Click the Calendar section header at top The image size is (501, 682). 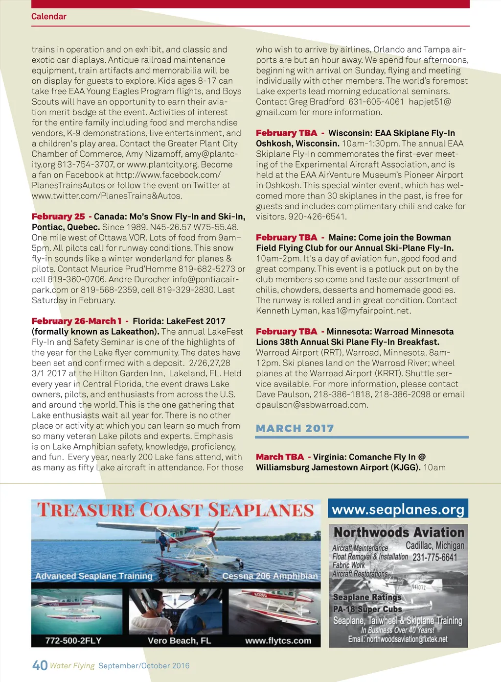coord(48,16)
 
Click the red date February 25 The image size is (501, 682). coord(58,217)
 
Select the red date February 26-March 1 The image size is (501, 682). coord(76,321)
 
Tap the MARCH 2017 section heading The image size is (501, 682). coord(295,428)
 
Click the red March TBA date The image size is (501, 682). coord(280,457)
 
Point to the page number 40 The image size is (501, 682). coord(40,665)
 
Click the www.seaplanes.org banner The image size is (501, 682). coord(398,509)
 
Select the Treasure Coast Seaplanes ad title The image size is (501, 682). coord(175,510)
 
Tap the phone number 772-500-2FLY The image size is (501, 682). coord(73,640)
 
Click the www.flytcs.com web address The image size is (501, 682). coord(278,640)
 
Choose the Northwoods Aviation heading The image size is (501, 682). coord(399,533)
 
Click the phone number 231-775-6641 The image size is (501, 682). coord(434,557)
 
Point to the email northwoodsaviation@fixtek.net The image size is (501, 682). coord(397,639)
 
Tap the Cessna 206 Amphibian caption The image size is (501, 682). coord(270,576)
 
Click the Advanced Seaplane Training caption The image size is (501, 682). coord(94,576)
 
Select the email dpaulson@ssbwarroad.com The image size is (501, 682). coord(312,405)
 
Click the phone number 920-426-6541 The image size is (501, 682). coord(317,217)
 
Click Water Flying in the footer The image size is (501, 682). coord(72,665)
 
